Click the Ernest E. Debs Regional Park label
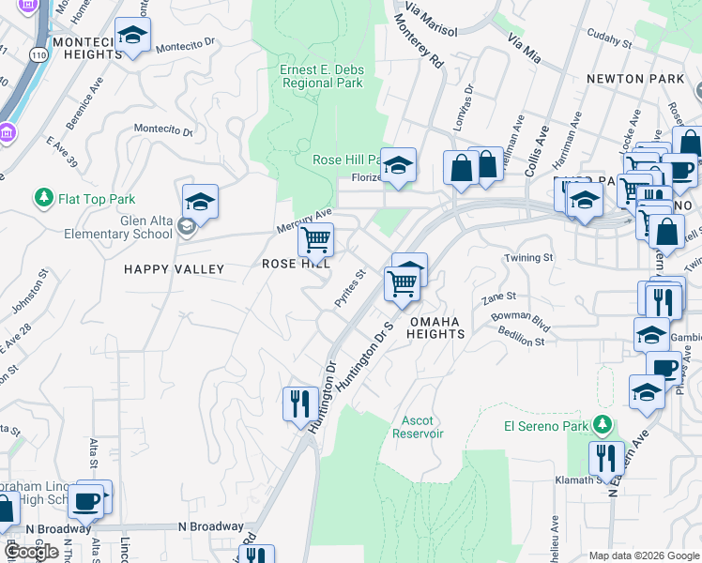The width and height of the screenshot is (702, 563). click(321, 76)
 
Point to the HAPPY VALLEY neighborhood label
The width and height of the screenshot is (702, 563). click(175, 269)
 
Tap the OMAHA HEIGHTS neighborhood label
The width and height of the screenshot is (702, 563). click(434, 327)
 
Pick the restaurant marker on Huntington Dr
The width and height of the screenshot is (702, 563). click(298, 403)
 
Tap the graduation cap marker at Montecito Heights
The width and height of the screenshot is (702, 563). click(133, 36)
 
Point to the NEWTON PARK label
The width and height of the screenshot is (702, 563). click(636, 79)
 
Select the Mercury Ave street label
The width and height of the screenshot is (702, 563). click(304, 222)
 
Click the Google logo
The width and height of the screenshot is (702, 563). click(31, 552)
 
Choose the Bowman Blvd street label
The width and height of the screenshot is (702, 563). click(521, 317)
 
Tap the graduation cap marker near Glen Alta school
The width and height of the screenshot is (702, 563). click(200, 201)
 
